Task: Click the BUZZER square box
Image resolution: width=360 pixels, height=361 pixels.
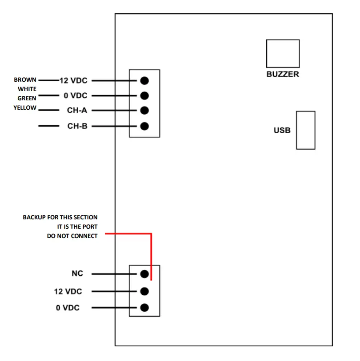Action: [x=283, y=53]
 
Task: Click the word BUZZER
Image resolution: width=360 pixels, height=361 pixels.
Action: [x=283, y=74]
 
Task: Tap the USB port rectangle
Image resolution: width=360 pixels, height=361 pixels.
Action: [x=306, y=130]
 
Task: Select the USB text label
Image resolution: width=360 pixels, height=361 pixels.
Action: [x=282, y=131]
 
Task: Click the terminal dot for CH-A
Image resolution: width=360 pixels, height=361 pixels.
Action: [x=144, y=110]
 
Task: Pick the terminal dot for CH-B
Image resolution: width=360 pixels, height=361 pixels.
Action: [x=144, y=126]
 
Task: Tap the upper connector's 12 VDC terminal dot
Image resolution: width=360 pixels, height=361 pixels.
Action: [x=144, y=81]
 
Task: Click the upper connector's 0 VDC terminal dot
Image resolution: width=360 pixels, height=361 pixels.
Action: [x=144, y=95]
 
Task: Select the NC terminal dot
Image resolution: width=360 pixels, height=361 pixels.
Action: [x=144, y=274]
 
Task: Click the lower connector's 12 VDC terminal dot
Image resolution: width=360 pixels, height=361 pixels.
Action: [x=144, y=291]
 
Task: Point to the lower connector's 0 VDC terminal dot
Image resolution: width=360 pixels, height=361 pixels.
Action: [x=144, y=307]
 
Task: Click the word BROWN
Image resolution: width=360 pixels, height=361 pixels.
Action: [x=25, y=80]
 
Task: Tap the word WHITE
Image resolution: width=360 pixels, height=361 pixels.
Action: [x=27, y=89]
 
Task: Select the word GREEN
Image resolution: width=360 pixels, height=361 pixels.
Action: [x=27, y=98]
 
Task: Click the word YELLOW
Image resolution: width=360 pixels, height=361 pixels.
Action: [x=25, y=107]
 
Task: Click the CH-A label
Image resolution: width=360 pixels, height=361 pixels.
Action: [x=77, y=111]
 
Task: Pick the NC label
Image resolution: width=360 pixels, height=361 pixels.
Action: [x=77, y=274]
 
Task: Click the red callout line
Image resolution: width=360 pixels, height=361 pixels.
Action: [x=152, y=253]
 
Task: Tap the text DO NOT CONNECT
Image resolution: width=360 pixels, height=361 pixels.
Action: [x=72, y=236]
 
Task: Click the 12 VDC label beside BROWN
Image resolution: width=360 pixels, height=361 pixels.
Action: [x=73, y=81]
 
